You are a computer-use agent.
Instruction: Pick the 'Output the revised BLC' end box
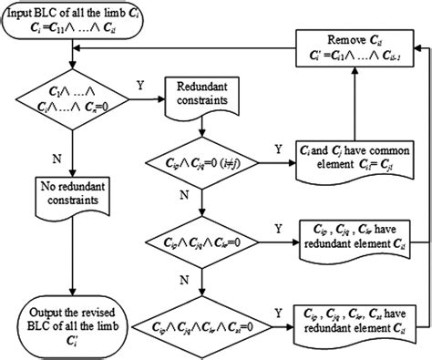point(69,323)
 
